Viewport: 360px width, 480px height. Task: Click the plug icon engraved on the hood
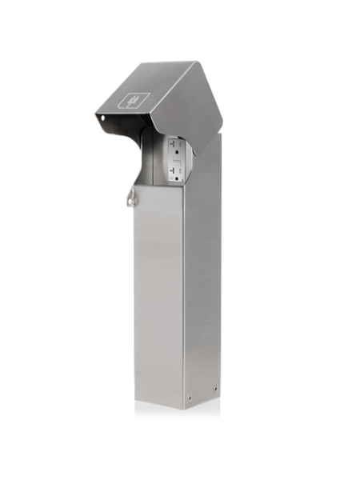click(134, 101)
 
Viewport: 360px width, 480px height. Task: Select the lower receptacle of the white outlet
click(175, 171)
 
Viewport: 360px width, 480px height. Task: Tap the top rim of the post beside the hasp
click(156, 186)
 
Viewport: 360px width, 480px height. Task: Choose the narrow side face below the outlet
click(202, 288)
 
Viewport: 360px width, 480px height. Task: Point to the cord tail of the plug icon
click(127, 103)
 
